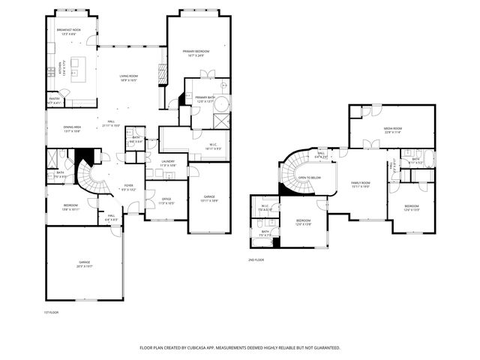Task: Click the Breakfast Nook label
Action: (68, 31)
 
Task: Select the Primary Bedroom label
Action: (197, 52)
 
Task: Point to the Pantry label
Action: (55, 100)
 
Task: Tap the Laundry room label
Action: (169, 163)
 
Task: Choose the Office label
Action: (166, 201)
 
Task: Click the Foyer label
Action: (129, 187)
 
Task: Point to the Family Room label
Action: (361, 184)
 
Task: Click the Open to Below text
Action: (309, 178)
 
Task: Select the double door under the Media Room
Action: (367, 144)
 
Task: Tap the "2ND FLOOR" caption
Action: (256, 259)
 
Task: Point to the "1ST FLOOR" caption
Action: (51, 312)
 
